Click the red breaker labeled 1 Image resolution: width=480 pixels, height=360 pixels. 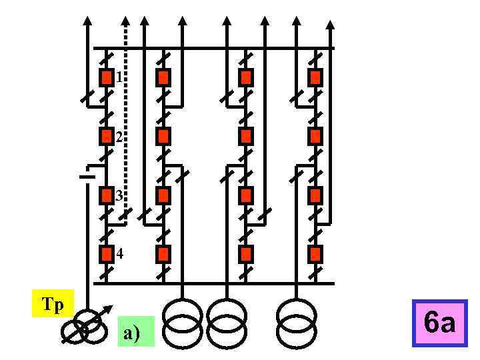point(106,77)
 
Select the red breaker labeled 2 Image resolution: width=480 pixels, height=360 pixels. point(106,137)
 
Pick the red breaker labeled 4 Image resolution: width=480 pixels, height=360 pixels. point(106,254)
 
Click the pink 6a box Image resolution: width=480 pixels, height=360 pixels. point(439,323)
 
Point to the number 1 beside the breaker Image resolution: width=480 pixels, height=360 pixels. point(119,77)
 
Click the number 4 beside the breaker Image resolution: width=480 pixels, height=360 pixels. point(119,254)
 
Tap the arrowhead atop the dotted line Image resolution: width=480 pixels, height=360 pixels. point(125,21)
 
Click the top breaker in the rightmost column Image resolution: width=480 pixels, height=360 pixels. point(315,77)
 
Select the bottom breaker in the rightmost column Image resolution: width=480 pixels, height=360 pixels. point(315,254)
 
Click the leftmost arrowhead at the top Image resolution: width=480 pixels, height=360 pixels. point(87,21)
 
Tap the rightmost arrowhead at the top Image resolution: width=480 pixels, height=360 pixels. point(331,25)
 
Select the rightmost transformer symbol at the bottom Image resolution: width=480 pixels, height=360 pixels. point(295,323)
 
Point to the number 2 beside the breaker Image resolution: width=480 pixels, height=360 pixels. point(119,137)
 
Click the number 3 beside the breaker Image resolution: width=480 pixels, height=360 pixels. point(119,196)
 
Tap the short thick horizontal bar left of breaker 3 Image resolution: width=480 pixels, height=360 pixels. point(86,177)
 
